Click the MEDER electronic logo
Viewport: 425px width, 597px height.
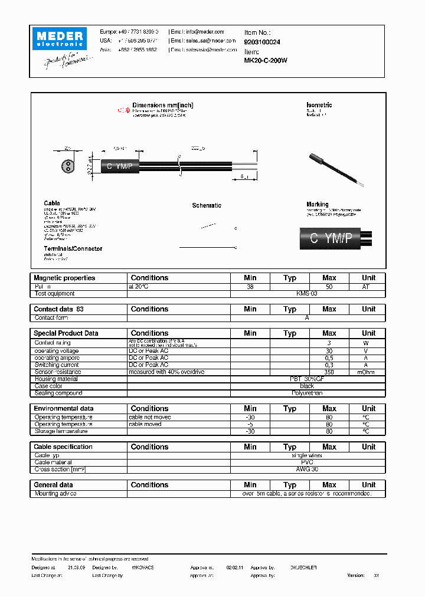point(61,40)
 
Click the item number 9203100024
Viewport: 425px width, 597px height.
point(262,42)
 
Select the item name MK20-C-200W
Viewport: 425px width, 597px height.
point(266,60)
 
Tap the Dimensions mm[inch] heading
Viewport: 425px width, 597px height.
point(162,105)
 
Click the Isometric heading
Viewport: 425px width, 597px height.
point(319,105)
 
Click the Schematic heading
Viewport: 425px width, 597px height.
point(207,205)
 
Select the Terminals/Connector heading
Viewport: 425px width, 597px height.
point(73,248)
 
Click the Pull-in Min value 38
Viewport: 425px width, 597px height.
point(250,286)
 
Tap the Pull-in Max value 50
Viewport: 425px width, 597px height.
point(329,286)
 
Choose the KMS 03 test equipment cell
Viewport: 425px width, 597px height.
point(307,293)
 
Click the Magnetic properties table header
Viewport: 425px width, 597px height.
point(64,278)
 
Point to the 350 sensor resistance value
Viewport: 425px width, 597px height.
point(329,372)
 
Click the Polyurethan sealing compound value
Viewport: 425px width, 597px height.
point(307,393)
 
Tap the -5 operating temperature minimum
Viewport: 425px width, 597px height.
point(250,424)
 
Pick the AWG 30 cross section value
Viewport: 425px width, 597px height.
point(307,470)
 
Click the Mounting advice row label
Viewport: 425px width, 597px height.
point(55,493)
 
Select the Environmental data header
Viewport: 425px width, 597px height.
point(63,408)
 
